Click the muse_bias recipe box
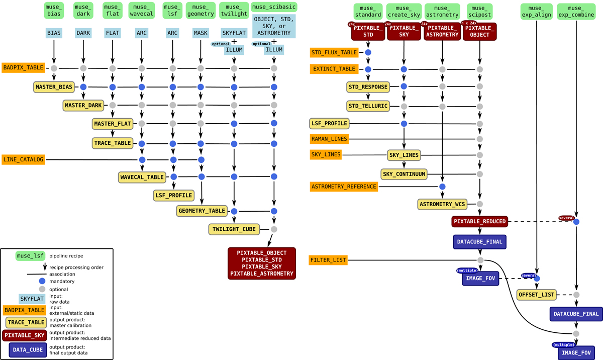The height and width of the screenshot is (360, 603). (x=54, y=11)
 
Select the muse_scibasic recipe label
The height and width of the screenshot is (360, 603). (x=274, y=7)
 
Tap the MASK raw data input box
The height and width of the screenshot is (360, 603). (x=200, y=33)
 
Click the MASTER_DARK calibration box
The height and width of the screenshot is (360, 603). (x=83, y=105)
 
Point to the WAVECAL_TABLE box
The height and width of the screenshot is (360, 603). (x=142, y=177)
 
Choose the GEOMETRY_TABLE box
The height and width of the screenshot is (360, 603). (x=202, y=211)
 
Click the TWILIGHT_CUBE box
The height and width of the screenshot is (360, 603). (x=234, y=229)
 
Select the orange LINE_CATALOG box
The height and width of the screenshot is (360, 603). (x=24, y=159)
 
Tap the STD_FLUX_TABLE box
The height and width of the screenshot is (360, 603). (x=334, y=52)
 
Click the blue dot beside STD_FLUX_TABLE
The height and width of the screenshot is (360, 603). (x=368, y=52)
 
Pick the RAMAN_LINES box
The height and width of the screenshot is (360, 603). (x=329, y=139)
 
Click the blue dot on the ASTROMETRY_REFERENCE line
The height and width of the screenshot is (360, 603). (x=442, y=187)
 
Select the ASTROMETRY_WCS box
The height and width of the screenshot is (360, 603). (x=442, y=204)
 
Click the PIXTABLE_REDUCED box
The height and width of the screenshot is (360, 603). (x=480, y=222)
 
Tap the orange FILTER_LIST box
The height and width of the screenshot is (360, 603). (x=328, y=260)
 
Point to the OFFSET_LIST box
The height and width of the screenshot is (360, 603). (x=537, y=295)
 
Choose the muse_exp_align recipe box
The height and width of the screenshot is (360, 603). (x=537, y=12)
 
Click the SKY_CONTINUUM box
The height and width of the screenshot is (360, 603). (x=404, y=174)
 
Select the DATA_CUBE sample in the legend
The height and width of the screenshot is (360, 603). (x=28, y=350)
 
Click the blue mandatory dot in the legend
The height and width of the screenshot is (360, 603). (x=42, y=281)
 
